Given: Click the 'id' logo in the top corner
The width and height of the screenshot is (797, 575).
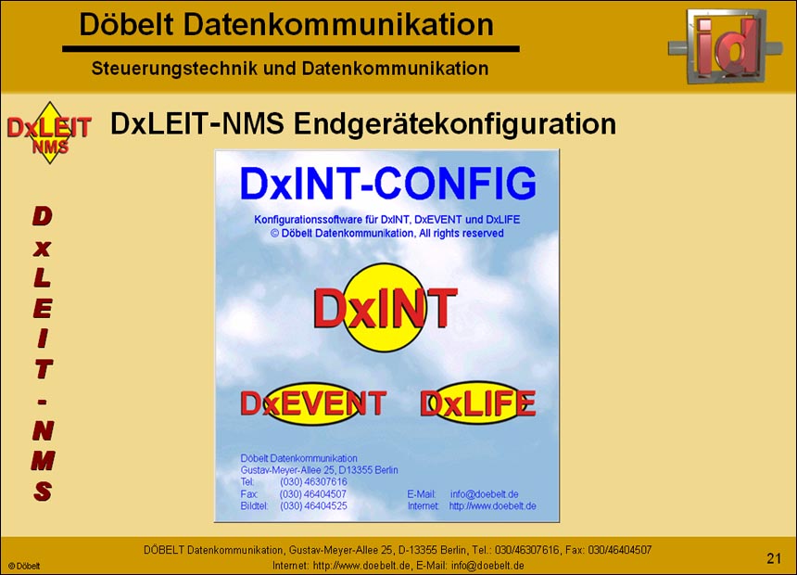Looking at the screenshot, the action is [726, 45].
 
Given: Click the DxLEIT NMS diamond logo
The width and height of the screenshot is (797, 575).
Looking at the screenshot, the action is [49, 133].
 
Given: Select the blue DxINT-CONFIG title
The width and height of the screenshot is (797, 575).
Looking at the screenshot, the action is [387, 184].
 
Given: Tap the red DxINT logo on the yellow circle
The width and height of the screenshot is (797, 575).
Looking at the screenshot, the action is [386, 307].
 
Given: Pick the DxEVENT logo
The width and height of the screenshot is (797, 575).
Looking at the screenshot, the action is [313, 403].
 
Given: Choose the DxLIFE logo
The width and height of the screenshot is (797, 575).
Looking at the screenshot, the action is [478, 403].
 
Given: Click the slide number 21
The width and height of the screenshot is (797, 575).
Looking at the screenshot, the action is [774, 558].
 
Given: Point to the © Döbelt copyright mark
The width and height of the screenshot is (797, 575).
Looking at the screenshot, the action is [24, 566].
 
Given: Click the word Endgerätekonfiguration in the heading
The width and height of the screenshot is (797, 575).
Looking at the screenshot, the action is [455, 123].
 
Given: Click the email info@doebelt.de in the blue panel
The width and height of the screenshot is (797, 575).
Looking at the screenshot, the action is [484, 494].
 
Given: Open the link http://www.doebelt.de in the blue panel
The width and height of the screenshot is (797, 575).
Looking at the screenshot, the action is [492, 506].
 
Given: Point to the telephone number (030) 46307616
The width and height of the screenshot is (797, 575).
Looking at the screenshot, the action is [313, 482].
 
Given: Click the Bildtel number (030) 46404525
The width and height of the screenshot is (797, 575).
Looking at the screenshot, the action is [313, 506].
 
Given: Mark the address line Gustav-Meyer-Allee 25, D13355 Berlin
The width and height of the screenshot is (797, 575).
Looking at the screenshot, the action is [319, 470].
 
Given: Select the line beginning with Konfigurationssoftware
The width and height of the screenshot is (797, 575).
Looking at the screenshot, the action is [386, 220].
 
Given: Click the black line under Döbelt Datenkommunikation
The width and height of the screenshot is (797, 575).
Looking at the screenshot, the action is [291, 49].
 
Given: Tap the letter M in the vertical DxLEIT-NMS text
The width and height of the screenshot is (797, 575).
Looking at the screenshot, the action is [43, 461].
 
